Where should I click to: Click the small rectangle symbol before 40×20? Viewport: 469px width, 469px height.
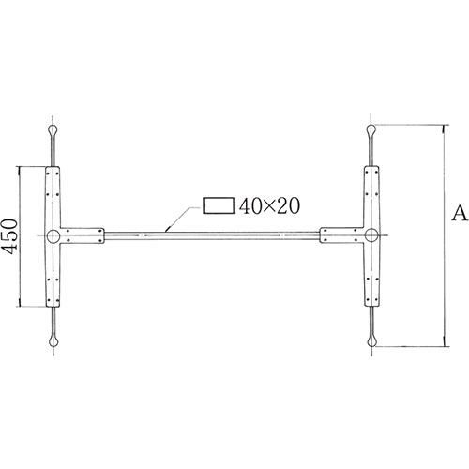click(x=219, y=205)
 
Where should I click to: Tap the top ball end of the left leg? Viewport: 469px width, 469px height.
click(x=53, y=129)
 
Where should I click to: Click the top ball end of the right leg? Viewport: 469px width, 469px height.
click(x=373, y=129)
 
